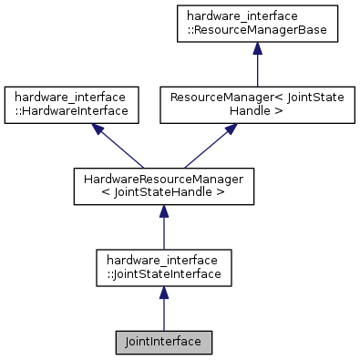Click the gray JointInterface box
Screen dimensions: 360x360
164,342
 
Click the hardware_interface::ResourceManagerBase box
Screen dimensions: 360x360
258,26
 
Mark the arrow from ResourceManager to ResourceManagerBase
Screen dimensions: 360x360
258,68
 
